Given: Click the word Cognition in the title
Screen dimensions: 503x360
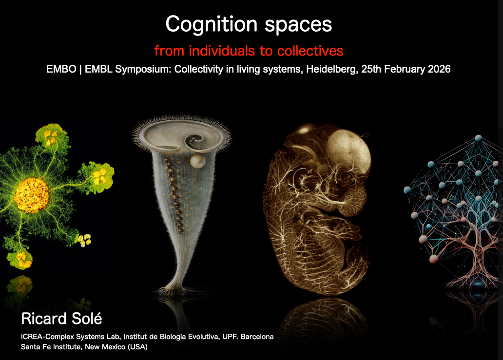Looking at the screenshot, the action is (x=212, y=25).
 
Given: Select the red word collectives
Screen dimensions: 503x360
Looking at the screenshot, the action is (x=310, y=51).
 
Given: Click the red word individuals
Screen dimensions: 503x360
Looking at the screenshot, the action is (x=222, y=51).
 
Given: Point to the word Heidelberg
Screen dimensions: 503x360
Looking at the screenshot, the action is (x=332, y=69).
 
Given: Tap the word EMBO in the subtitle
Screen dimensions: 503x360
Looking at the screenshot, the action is (x=61, y=69).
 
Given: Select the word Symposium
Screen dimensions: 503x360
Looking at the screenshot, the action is (x=143, y=70).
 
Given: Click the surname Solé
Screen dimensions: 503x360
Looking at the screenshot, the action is (x=87, y=318).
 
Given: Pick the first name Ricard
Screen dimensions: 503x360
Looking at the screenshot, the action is (x=44, y=319).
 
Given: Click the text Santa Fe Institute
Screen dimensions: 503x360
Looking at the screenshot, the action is (x=51, y=346).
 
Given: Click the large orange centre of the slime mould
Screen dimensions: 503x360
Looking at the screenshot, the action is (x=32, y=195).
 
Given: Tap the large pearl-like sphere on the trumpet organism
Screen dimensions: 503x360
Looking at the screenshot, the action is (x=197, y=162).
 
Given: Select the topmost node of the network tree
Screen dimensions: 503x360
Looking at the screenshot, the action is (x=478, y=138).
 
